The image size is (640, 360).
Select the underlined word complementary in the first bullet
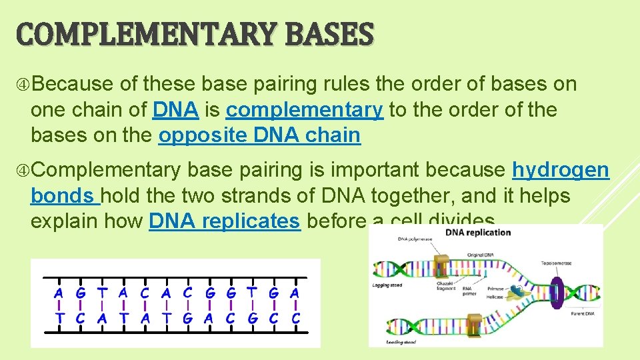point(305,109)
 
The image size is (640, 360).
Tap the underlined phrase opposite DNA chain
point(259,135)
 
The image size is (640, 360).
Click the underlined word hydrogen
point(560,170)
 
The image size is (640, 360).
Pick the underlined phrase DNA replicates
point(225,221)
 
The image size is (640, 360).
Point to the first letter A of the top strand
point(59,293)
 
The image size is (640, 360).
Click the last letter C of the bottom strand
point(295,318)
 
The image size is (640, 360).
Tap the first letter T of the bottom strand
point(59,318)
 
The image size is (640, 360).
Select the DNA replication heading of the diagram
point(477,233)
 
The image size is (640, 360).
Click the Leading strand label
point(401,342)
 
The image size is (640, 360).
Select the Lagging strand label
point(387,285)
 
